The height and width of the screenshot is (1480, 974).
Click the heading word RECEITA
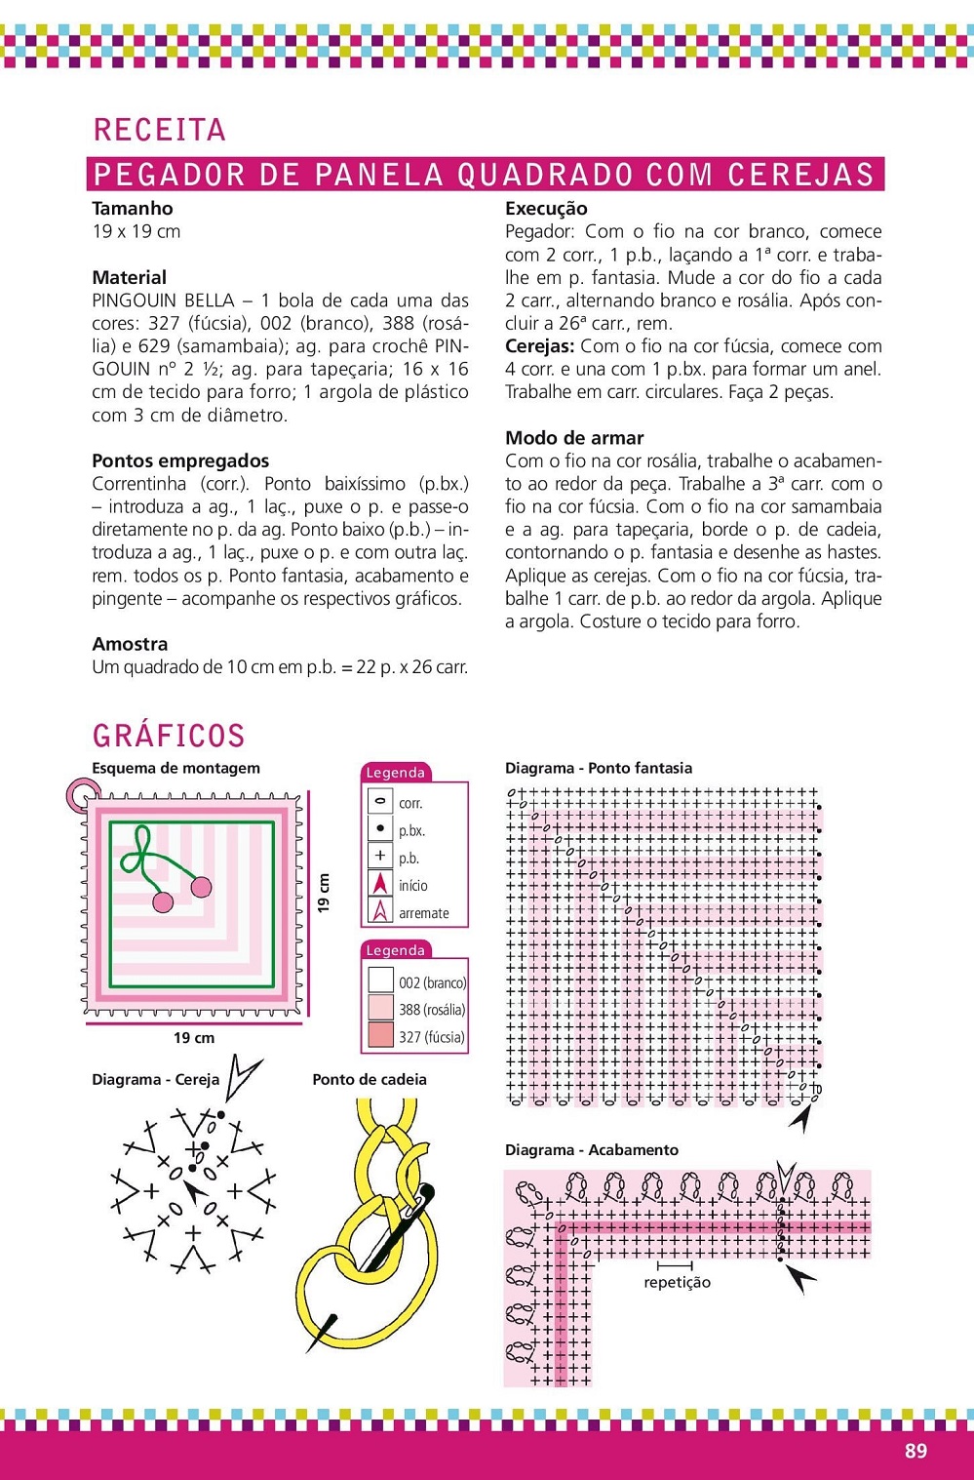(x=160, y=130)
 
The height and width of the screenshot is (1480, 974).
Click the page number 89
(x=916, y=1451)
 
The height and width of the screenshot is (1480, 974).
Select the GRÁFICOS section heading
(x=169, y=736)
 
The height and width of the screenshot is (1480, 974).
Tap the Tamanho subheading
(x=133, y=208)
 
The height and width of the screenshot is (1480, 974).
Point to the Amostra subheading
(x=130, y=644)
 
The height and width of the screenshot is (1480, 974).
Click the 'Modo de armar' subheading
(x=574, y=438)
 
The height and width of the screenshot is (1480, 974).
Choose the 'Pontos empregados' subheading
(x=180, y=460)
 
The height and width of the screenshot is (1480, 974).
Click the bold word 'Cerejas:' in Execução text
(x=539, y=346)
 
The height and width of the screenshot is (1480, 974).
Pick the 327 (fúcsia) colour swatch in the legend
(x=380, y=1036)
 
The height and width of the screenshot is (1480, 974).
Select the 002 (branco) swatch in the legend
(x=380, y=980)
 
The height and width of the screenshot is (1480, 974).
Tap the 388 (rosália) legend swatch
(x=380, y=1008)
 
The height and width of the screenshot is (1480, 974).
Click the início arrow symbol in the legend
(x=380, y=885)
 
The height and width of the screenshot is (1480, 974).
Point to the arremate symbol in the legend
(x=380, y=912)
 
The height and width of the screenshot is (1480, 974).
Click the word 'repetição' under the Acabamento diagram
(x=677, y=1282)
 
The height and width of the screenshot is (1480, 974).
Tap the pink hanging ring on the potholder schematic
(x=78, y=794)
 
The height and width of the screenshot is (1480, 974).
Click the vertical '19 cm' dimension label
(x=324, y=893)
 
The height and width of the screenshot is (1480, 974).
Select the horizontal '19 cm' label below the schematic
(x=194, y=1038)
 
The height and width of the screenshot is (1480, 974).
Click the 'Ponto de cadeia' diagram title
(x=370, y=1079)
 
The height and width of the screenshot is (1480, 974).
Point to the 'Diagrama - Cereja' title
(x=155, y=1079)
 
